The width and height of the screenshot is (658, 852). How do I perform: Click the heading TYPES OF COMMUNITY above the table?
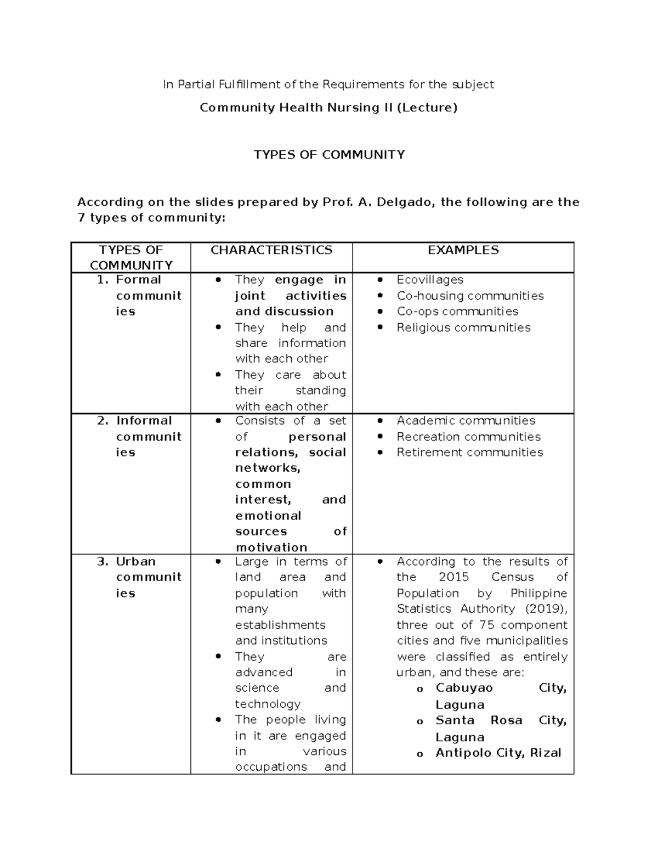coord(329,155)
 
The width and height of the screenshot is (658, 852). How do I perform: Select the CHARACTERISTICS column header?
coord(271,250)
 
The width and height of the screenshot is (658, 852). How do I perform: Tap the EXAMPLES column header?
coord(463,250)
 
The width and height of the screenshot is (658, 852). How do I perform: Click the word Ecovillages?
coord(430,280)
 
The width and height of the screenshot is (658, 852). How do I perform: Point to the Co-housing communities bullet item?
coord(470,296)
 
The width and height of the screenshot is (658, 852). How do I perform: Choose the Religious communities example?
coord(463,328)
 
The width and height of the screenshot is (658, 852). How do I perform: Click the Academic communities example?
coord(466,421)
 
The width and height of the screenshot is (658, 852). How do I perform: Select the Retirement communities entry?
coord(469,453)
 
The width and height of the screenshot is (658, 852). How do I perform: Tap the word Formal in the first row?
coord(138,280)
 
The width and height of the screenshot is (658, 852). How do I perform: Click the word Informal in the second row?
coord(144,421)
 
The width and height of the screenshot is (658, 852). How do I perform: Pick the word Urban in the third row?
coord(135,562)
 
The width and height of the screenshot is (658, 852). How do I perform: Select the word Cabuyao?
coord(464,688)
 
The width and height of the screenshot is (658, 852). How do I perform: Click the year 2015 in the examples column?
coord(453,577)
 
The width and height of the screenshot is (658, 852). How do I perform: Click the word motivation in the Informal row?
coord(271,548)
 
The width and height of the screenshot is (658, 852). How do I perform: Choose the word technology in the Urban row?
coord(268,704)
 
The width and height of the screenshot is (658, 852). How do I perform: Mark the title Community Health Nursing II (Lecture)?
coord(328,108)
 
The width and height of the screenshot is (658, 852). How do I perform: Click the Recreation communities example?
coord(468,437)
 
